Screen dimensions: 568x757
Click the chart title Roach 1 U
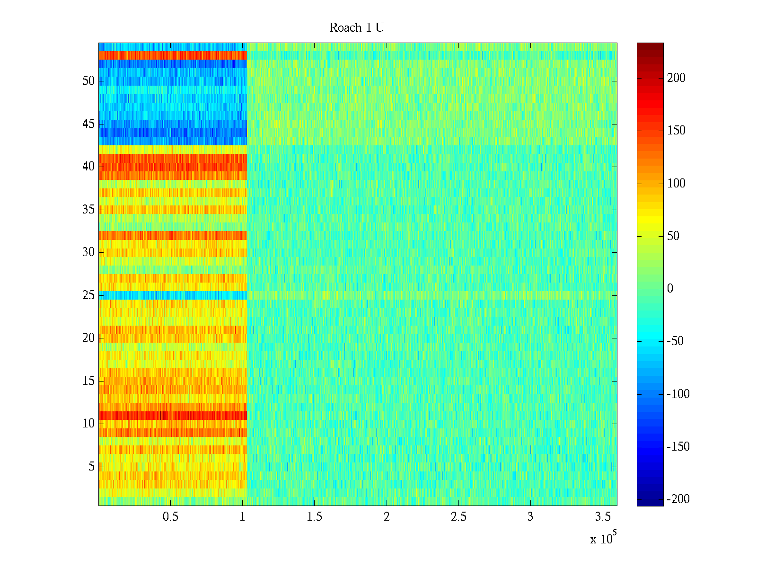point(356,28)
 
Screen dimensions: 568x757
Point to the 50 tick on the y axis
point(88,81)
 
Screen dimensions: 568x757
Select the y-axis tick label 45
point(88,124)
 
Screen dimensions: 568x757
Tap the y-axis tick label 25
point(88,295)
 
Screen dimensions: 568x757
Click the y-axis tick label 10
point(88,424)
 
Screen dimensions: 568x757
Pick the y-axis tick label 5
point(91,467)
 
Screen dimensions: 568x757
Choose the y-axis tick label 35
point(88,210)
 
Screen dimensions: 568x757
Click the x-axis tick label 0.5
point(170,517)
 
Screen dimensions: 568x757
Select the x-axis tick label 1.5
point(314,517)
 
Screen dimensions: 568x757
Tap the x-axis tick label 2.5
point(458,517)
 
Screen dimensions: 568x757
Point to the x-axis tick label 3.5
point(602,517)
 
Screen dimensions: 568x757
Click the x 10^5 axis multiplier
point(603,538)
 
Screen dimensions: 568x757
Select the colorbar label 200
point(676,78)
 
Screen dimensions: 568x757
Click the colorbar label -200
point(678,499)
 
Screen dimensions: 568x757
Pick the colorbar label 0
point(670,289)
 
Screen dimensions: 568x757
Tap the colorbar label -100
point(678,394)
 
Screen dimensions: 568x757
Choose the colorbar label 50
point(673,236)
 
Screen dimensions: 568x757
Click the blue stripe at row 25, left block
point(173,295)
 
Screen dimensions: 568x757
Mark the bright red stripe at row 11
point(173,415)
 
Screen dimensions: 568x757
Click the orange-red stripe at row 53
point(173,55)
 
